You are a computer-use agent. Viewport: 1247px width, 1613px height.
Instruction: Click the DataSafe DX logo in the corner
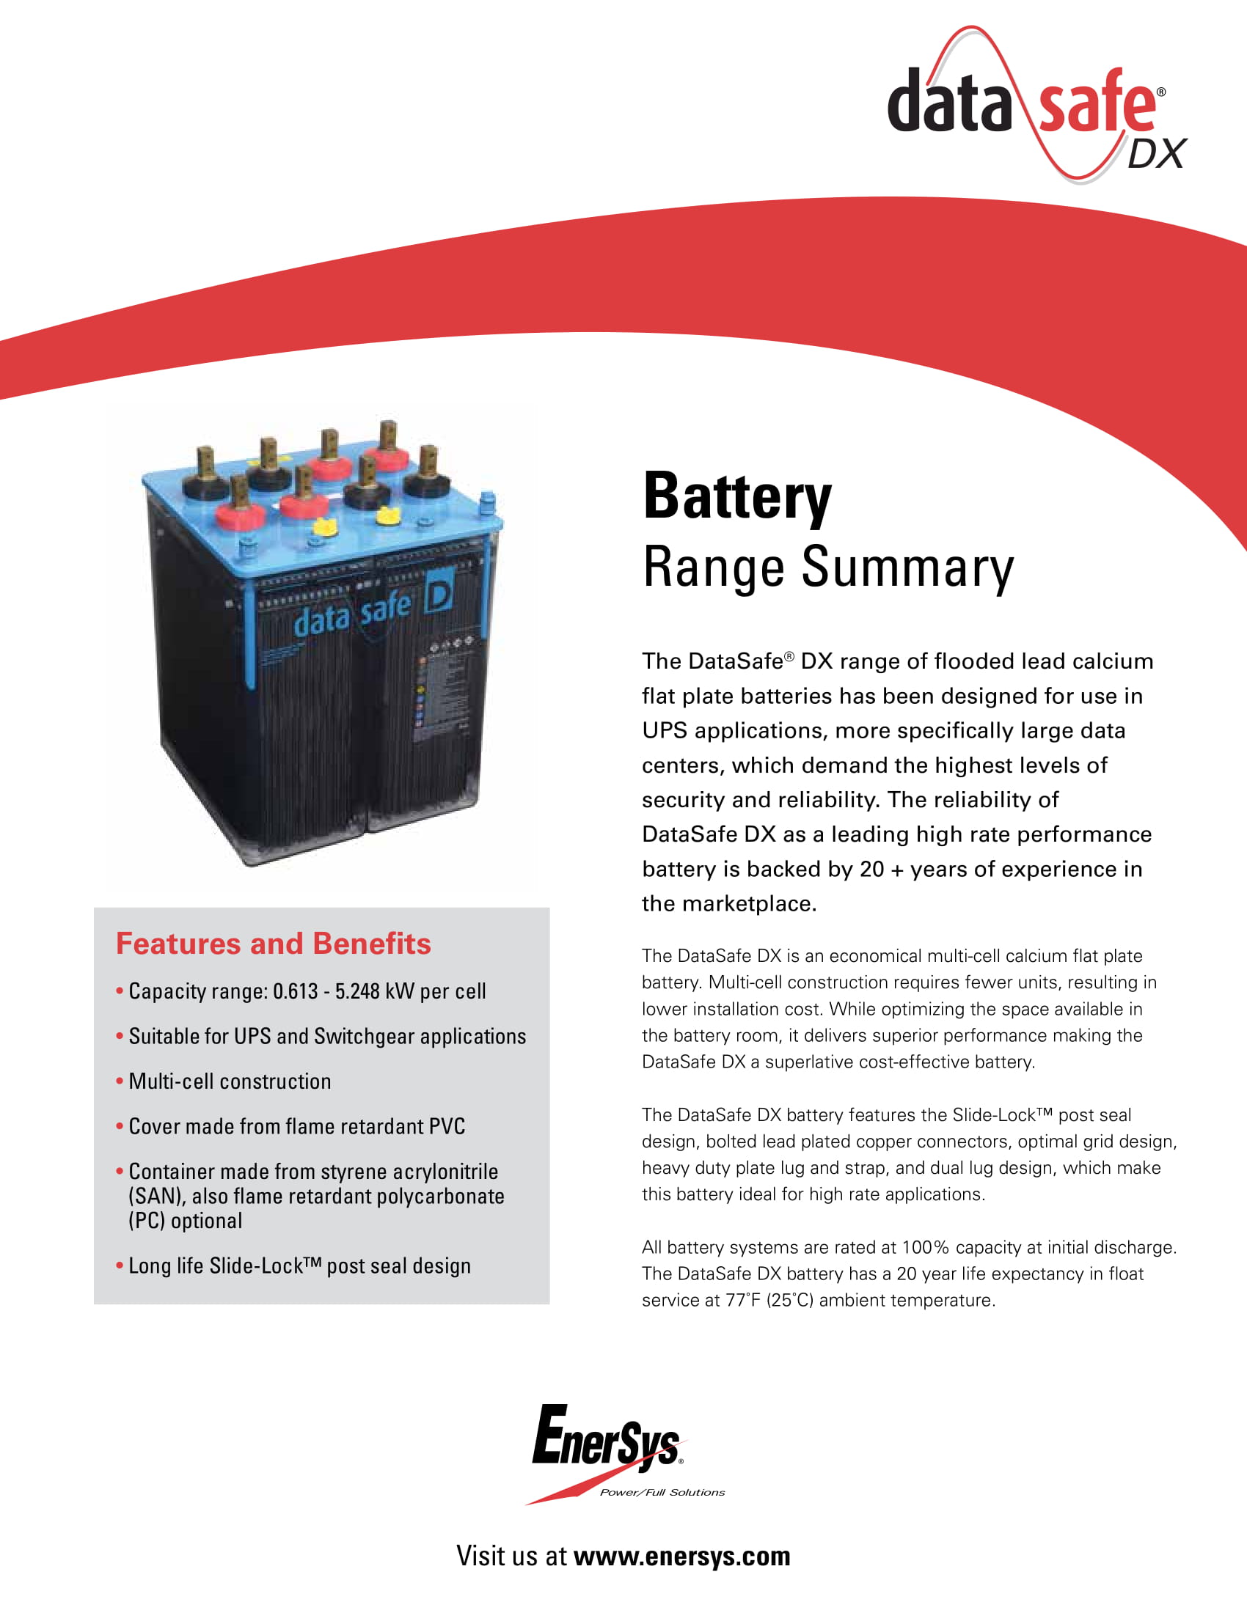click(x=1034, y=103)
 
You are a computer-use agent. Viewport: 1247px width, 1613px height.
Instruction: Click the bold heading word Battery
click(x=736, y=497)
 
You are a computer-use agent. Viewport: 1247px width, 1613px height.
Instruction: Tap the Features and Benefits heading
click(x=274, y=944)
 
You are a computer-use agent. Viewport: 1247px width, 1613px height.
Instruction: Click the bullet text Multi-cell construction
click(x=230, y=1082)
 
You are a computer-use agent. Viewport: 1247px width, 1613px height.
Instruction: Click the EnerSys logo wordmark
click(x=606, y=1440)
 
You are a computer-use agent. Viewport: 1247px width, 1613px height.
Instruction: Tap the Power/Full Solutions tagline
click(x=662, y=1493)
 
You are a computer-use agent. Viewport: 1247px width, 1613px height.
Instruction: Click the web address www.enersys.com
click(x=681, y=1556)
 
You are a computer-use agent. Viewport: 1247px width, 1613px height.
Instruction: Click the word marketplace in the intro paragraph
click(x=746, y=904)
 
